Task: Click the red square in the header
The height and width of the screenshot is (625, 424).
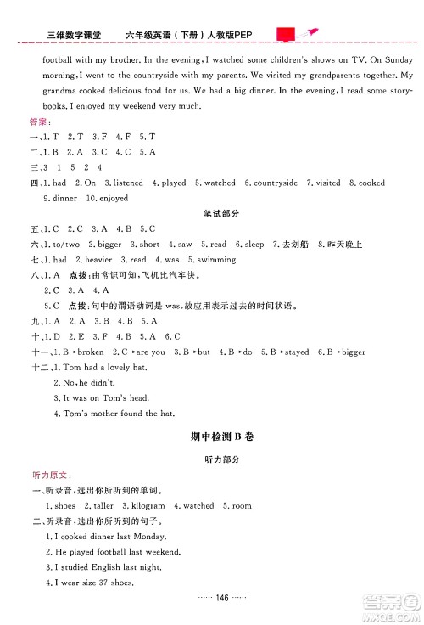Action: (286, 34)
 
